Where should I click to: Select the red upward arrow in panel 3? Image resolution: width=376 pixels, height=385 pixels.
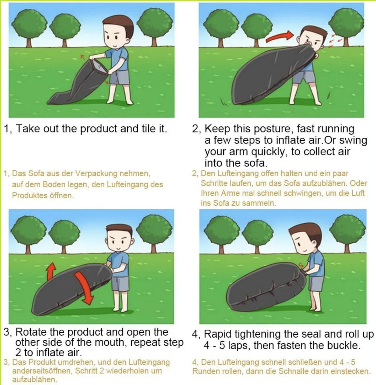51,271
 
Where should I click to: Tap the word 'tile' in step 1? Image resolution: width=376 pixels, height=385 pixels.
148,129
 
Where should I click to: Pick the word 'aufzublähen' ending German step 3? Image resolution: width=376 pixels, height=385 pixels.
35,380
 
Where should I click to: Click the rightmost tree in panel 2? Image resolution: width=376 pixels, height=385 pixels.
346,28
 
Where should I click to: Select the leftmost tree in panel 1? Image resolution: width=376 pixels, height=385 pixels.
29,28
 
